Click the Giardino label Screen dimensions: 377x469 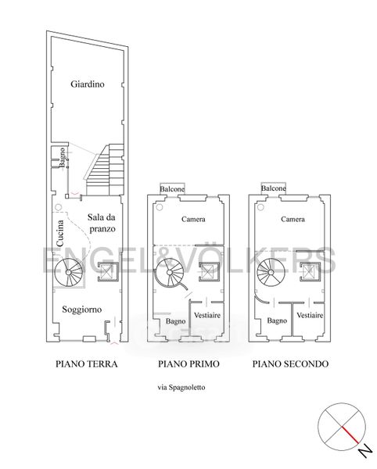coord(88,84)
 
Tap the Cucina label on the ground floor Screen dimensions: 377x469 coord(60,233)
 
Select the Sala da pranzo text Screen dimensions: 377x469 coord(102,223)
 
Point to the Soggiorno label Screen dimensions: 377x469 coord(81,310)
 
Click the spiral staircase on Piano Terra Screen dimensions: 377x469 coord(69,272)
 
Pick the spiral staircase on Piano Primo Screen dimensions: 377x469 coord(170,273)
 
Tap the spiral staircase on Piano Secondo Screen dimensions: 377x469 coord(271,272)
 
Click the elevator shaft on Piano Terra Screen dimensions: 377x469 coord(108,272)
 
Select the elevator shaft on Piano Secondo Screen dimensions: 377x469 coord(310,272)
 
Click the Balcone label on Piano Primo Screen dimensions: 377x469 coord(172,189)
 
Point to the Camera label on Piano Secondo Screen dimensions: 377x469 coord(293,219)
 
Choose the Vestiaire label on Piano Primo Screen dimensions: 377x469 coord(207,315)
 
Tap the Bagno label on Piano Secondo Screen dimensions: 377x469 coord(277,321)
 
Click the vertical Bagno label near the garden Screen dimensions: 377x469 coord(62,157)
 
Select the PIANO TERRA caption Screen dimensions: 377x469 coord(87,364)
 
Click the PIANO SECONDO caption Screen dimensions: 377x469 coord(290,364)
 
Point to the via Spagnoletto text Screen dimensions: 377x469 coord(181,388)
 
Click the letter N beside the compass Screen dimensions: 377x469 coord(365,450)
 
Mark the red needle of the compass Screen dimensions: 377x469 coord(350,435)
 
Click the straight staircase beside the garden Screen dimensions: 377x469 coord(105,170)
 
